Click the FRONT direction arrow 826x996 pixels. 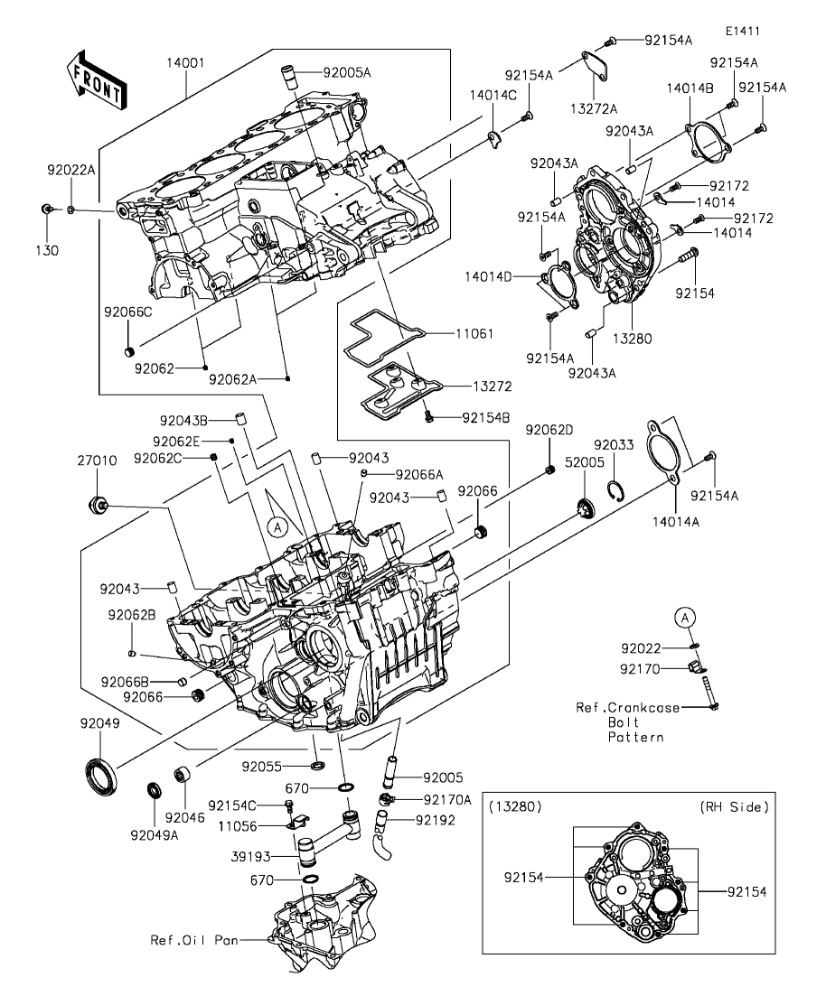click(96, 79)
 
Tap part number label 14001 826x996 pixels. click(185, 63)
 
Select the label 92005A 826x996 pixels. click(346, 72)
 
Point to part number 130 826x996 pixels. click(47, 250)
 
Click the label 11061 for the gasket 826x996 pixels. click(474, 333)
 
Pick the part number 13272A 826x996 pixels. click(594, 108)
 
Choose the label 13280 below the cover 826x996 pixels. click(632, 339)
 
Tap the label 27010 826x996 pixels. click(98, 460)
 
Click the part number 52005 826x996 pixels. click(585, 462)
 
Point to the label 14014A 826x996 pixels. click(676, 522)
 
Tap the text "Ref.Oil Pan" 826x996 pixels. click(194, 939)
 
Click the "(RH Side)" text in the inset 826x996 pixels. click(735, 806)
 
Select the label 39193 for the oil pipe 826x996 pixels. click(250, 856)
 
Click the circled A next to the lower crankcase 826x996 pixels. click(277, 526)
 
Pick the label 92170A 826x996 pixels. click(447, 799)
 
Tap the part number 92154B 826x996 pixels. click(486, 417)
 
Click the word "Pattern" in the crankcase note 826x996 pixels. click(636, 737)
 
